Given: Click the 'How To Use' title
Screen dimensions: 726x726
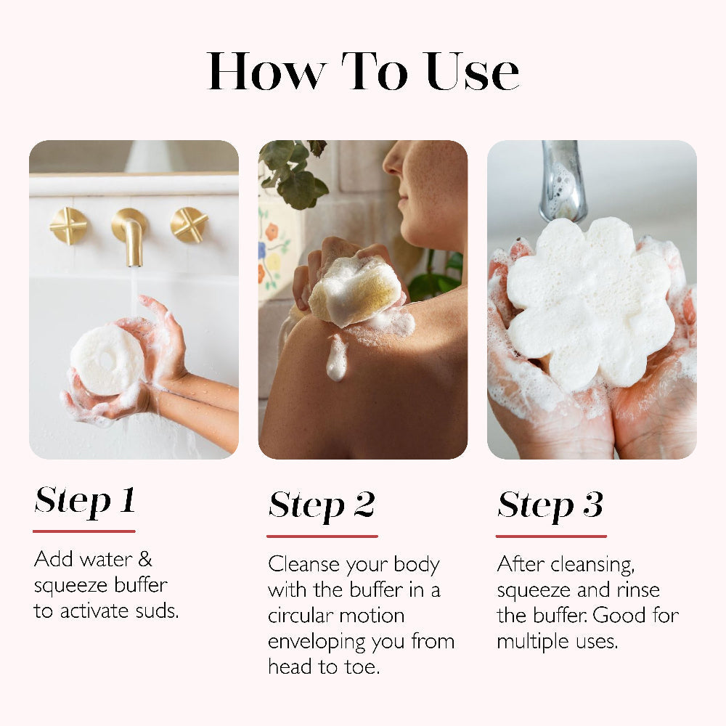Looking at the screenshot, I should (x=363, y=72).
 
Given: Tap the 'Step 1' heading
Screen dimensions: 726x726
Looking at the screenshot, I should (x=85, y=500).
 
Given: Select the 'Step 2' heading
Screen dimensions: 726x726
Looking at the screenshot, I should (x=322, y=505).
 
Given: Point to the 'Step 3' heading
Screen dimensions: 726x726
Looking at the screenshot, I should (x=550, y=505).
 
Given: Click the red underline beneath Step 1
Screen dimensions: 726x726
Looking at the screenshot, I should (x=84, y=531).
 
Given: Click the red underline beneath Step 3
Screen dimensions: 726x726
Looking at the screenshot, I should (x=551, y=537).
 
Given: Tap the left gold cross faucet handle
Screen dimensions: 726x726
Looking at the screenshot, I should (x=68, y=225).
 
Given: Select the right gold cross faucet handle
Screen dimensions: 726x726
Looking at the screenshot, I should (x=189, y=224).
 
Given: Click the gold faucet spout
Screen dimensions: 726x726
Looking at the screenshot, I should (x=131, y=236).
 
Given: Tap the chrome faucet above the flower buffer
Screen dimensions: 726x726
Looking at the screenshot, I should (x=563, y=181).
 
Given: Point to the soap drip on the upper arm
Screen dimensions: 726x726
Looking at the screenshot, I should (x=336, y=359).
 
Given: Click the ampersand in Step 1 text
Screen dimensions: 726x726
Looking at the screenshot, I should (x=144, y=560).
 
